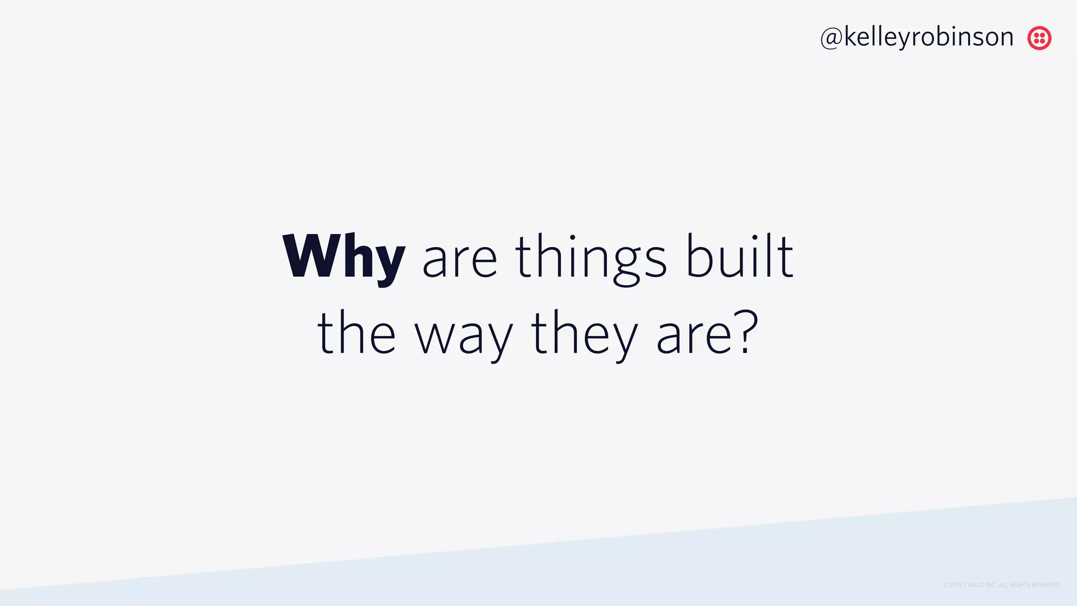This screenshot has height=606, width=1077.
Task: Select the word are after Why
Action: tap(460, 260)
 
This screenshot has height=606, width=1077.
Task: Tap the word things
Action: tap(591, 258)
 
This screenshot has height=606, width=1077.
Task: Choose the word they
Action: tap(584, 335)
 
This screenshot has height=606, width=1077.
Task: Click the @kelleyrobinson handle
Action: tap(917, 37)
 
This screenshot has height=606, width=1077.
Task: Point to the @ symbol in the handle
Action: tap(831, 38)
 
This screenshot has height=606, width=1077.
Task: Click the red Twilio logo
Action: tap(1039, 38)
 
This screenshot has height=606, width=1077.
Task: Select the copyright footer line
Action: tap(1001, 585)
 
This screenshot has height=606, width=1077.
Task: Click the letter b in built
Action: tap(700, 257)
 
